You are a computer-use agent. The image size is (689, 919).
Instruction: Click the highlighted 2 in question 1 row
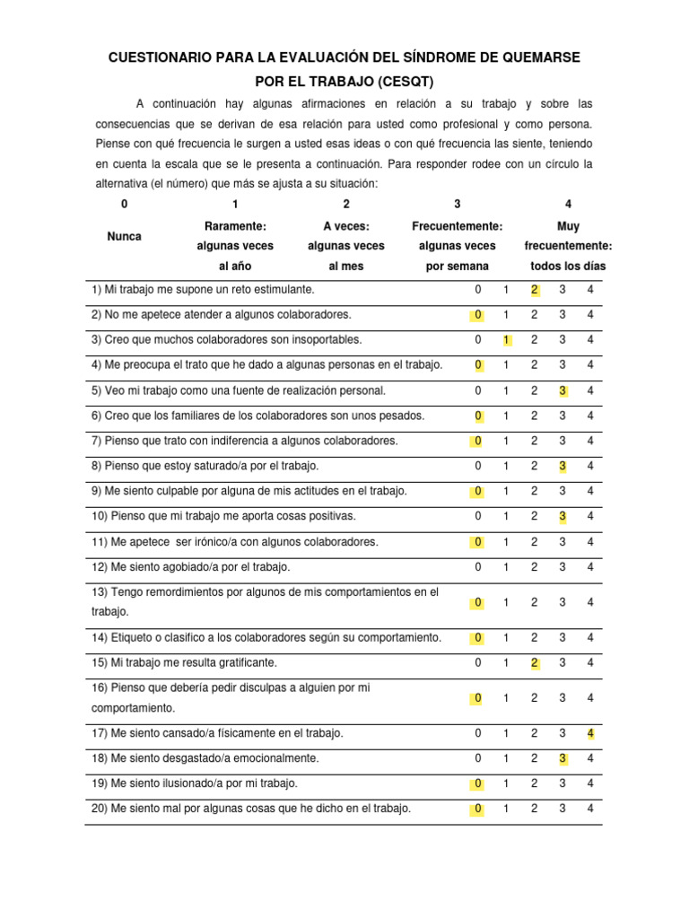(x=534, y=290)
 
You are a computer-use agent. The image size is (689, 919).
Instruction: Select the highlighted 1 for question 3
(x=506, y=340)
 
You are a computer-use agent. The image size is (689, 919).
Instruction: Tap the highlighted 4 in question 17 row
(x=590, y=733)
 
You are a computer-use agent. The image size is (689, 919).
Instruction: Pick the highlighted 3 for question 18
(x=563, y=758)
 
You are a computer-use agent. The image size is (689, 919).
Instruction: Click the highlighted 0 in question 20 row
(x=478, y=809)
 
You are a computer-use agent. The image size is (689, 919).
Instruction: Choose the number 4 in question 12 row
(x=590, y=567)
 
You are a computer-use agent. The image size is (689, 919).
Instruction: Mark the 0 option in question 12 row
(x=478, y=567)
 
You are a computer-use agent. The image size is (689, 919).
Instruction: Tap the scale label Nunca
(x=124, y=236)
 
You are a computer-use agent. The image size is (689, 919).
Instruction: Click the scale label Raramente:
(x=235, y=226)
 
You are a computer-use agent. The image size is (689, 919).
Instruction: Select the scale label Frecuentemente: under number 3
(x=457, y=226)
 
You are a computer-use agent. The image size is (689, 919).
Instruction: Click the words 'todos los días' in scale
(x=568, y=266)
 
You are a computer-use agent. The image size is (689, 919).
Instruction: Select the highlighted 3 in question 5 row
(x=563, y=390)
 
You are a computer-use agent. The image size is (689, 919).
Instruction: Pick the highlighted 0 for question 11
(x=478, y=542)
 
